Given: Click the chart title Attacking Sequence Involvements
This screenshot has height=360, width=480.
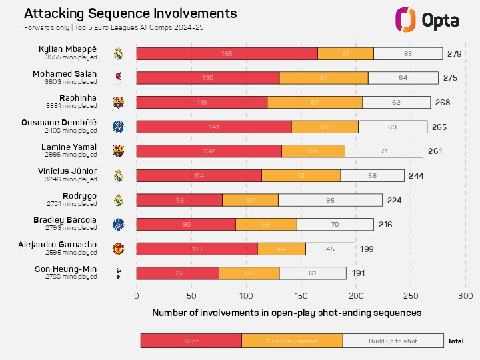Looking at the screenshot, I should pyautogui.click(x=130, y=13).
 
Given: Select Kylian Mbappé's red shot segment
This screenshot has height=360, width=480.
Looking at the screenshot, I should pyautogui.click(x=227, y=53).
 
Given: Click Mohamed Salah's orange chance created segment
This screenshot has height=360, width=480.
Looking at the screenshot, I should pyautogui.click(x=323, y=78).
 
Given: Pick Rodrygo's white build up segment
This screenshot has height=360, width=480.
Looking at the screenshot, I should pyautogui.click(x=330, y=200).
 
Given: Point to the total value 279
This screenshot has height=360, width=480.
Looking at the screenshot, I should pyautogui.click(x=455, y=53).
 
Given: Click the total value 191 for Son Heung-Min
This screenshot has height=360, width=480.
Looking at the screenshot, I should pyautogui.click(x=358, y=273).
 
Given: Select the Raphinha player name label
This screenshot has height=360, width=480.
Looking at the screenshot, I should pyautogui.click(x=77, y=98).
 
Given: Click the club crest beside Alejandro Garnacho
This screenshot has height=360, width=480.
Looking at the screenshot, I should pyautogui.click(x=118, y=249).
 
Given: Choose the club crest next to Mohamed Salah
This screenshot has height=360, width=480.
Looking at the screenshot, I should pyautogui.click(x=118, y=78).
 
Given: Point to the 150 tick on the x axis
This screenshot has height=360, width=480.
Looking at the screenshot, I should pyautogui.click(x=301, y=295).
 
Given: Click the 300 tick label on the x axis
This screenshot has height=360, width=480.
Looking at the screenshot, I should pyautogui.click(x=465, y=295).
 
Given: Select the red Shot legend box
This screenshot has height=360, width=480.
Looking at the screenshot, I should pyautogui.click(x=191, y=341).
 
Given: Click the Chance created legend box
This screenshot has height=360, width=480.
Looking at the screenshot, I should pyautogui.click(x=292, y=341).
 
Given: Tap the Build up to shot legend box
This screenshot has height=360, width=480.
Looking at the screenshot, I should pyautogui.click(x=393, y=341).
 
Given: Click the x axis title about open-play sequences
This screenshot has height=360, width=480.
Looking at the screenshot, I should pyautogui.click(x=287, y=312).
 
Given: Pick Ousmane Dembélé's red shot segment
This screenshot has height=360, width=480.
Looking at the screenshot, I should pyautogui.click(x=214, y=127).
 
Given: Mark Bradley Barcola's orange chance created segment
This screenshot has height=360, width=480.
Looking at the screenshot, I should pyautogui.click(x=266, y=224).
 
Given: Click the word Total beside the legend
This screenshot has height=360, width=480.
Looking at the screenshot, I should pyautogui.click(x=456, y=341).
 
